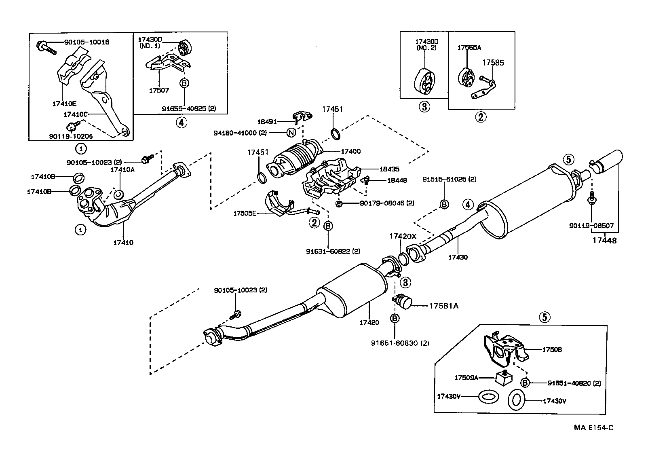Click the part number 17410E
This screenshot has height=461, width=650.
pos(64,104)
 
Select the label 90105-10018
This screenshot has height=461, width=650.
pos(87,42)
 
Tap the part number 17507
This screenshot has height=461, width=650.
pos(159,91)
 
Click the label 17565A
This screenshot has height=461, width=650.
pos(469,47)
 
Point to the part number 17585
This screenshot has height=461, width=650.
pos(493,63)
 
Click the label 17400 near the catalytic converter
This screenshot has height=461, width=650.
pos(350,151)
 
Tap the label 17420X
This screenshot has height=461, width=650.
pos(403,236)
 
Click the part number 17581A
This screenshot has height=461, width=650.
pos(443,306)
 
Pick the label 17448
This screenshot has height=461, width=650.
pos(605,240)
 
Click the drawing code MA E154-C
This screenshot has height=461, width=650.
pos(593,427)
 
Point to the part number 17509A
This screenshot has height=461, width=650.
pos(466,378)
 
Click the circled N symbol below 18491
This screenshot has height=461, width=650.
pos(291,132)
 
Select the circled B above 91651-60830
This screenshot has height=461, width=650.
pos(395,319)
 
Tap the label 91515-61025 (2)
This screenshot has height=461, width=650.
pos(449,179)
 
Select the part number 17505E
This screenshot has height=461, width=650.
pos(245,213)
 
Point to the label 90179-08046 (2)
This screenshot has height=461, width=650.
pos(387,203)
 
